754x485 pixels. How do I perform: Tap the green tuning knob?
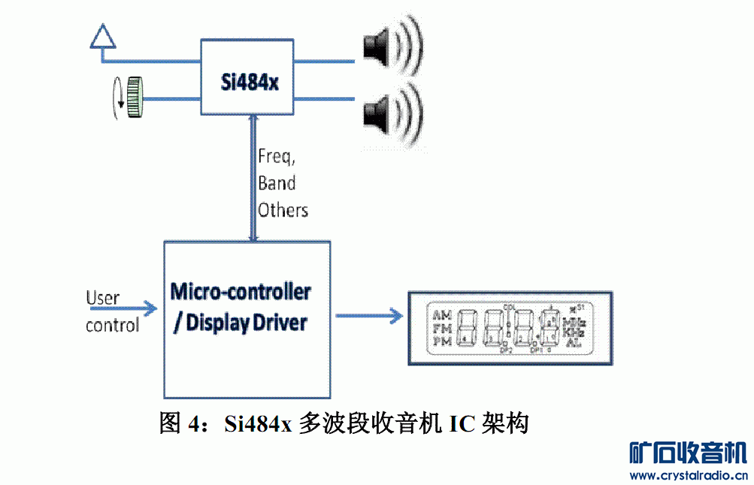pyautogui.click(x=135, y=98)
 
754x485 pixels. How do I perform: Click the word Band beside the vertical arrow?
pyautogui.click(x=277, y=183)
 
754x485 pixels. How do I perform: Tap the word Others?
pyautogui.click(x=283, y=209)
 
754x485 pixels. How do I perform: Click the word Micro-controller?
pyautogui.click(x=241, y=291)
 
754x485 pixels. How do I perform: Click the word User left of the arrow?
pyautogui.click(x=102, y=298)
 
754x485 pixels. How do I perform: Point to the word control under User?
pyautogui.click(x=112, y=325)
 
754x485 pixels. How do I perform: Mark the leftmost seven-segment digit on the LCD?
pyautogui.click(x=466, y=328)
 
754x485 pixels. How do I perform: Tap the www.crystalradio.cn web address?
pyautogui.click(x=688, y=475)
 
